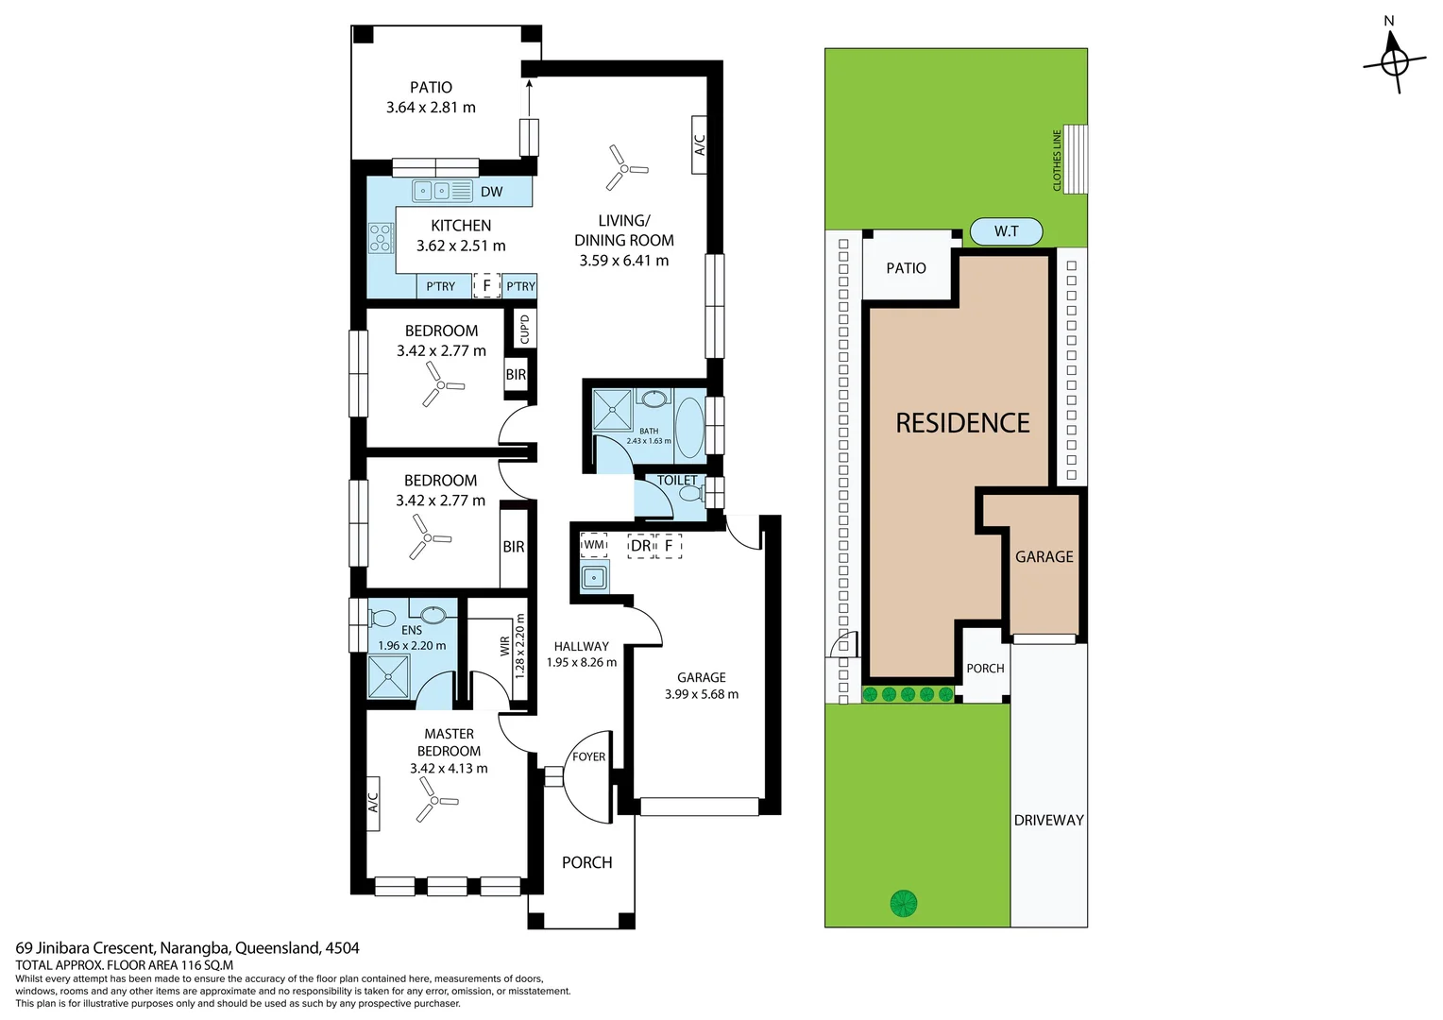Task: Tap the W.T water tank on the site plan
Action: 1006,231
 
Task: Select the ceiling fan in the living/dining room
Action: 623,169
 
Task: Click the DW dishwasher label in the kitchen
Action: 491,192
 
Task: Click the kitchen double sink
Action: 442,191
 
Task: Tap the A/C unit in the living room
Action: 700,144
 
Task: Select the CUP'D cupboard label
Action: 525,329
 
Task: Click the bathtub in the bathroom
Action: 689,427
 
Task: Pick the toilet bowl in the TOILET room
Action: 690,492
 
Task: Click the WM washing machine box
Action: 594,545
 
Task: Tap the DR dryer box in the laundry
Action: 640,546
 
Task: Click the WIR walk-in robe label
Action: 505,646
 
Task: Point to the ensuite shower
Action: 389,675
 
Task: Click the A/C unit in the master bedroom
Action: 372,803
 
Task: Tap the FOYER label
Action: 588,756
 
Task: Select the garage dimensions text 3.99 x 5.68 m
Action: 702,694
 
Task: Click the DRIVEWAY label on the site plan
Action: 1048,820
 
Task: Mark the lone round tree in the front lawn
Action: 904,904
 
